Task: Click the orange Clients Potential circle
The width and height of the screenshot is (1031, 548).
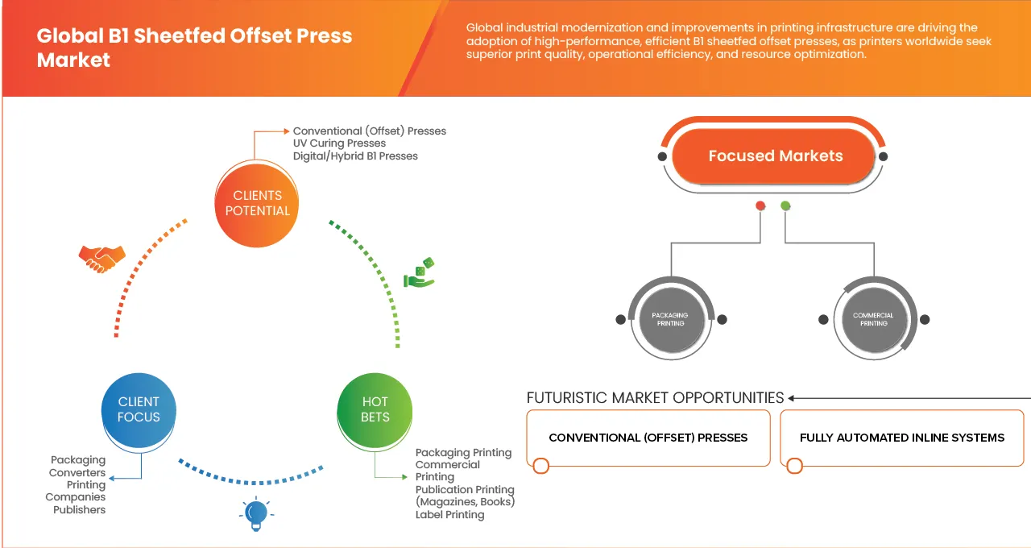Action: point(257,203)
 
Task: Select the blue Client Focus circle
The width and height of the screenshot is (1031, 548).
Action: point(139,409)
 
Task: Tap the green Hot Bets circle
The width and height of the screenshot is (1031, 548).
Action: point(375,409)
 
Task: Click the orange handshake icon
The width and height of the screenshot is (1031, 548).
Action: point(101,258)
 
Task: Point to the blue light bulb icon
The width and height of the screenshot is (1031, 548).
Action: point(255,513)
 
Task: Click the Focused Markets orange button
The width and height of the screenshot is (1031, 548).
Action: point(775,156)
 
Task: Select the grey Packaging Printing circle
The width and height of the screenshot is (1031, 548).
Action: point(670,319)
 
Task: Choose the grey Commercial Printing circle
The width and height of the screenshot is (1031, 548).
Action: point(873,319)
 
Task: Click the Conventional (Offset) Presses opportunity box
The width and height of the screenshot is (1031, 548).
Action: point(648,438)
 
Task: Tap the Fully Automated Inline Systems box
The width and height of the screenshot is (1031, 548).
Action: point(901,438)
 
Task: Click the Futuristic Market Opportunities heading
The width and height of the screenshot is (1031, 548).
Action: point(655,398)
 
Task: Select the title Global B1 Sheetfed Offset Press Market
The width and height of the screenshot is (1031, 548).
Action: point(194,48)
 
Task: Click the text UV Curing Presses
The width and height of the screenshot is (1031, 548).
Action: point(339,143)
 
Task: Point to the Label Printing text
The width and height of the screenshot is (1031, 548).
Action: point(449,515)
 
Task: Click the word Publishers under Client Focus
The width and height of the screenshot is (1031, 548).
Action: point(80,509)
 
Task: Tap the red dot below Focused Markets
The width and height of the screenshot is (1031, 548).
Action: point(760,206)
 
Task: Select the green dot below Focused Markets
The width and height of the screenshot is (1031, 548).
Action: point(785,206)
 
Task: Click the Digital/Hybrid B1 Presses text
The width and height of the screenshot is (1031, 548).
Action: point(355,156)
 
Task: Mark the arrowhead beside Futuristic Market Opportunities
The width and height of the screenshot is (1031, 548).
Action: point(792,398)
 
